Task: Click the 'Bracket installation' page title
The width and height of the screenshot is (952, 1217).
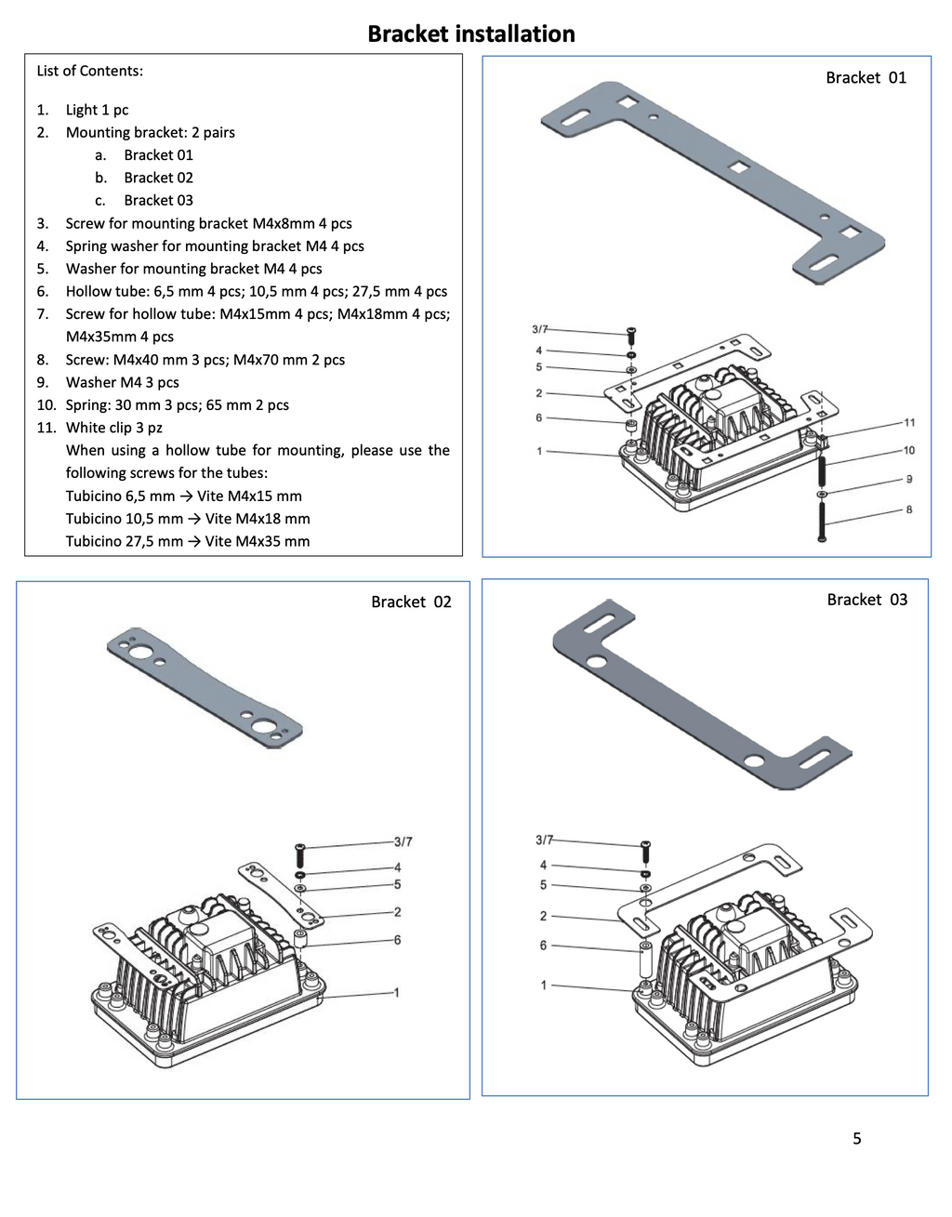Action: tap(471, 34)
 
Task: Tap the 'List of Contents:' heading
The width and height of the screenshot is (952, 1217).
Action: tap(90, 72)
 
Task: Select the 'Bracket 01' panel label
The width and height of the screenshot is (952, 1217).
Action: tap(866, 78)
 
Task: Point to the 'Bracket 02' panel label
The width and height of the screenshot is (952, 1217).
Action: tap(411, 602)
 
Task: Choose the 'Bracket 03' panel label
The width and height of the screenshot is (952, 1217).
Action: tap(866, 600)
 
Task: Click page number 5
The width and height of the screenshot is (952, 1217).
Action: tap(857, 1138)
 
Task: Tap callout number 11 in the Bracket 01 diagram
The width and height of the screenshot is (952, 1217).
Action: tap(909, 422)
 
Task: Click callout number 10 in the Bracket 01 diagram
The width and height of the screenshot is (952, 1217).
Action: tap(909, 450)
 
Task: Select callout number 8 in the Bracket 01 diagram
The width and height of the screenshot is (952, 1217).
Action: tap(909, 509)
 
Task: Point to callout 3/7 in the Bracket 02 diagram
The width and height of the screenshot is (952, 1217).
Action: tap(403, 841)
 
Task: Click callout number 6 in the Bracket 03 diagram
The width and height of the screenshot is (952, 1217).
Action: tap(543, 946)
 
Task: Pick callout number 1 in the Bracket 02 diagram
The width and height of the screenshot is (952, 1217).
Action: tap(396, 993)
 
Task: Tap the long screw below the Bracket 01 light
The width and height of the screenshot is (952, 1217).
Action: tap(822, 521)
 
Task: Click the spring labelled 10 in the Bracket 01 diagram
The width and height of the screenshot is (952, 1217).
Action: tap(822, 471)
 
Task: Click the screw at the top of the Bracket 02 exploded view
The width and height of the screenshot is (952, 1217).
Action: tap(299, 855)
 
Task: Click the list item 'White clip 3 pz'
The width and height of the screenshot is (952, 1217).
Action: tap(114, 428)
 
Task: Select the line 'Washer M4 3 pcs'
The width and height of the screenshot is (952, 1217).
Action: tap(123, 382)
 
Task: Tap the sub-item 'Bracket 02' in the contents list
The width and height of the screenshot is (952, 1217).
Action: tap(158, 178)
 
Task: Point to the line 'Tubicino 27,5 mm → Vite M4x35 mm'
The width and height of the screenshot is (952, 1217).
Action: tap(188, 542)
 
